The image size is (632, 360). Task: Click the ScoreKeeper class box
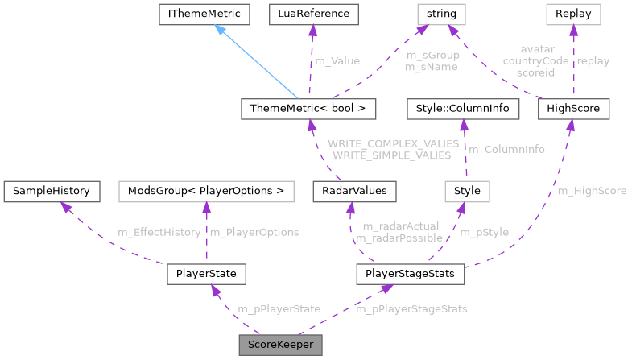tap(280, 344)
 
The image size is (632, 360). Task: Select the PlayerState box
tap(205, 275)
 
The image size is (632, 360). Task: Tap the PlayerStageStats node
tap(410, 275)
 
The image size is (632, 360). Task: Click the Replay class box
tap(573, 14)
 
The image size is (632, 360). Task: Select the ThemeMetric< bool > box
tap(309, 107)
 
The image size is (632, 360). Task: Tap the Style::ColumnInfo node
tap(460, 107)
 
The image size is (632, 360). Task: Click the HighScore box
tap(573, 107)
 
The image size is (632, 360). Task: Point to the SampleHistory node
tap(52, 191)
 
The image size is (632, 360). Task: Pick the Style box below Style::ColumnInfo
tap(467, 191)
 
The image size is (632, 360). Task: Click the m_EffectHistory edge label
tap(159, 232)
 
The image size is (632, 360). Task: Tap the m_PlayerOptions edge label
tap(254, 232)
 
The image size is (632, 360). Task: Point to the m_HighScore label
tap(592, 191)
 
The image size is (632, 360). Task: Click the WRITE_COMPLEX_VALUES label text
tap(393, 143)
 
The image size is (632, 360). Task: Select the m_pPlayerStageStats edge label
tap(411, 308)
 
